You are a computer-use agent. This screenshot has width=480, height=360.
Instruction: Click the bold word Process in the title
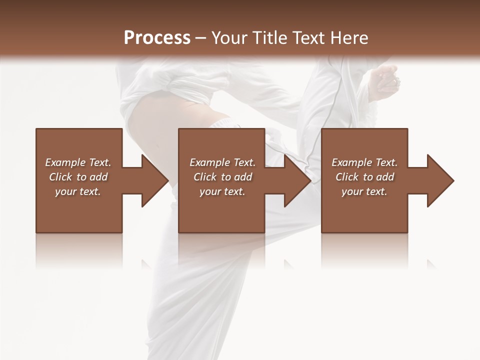click(157, 37)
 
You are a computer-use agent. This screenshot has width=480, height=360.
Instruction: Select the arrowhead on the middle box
click(296, 180)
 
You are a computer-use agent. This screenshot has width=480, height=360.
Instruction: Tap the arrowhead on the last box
click(439, 180)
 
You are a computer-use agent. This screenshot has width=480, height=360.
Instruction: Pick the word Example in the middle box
click(209, 162)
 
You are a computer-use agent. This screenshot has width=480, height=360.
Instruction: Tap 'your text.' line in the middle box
click(222, 191)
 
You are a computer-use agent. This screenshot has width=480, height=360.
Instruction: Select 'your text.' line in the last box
click(364, 191)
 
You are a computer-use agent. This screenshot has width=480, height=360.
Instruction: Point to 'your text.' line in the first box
click(78, 191)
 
